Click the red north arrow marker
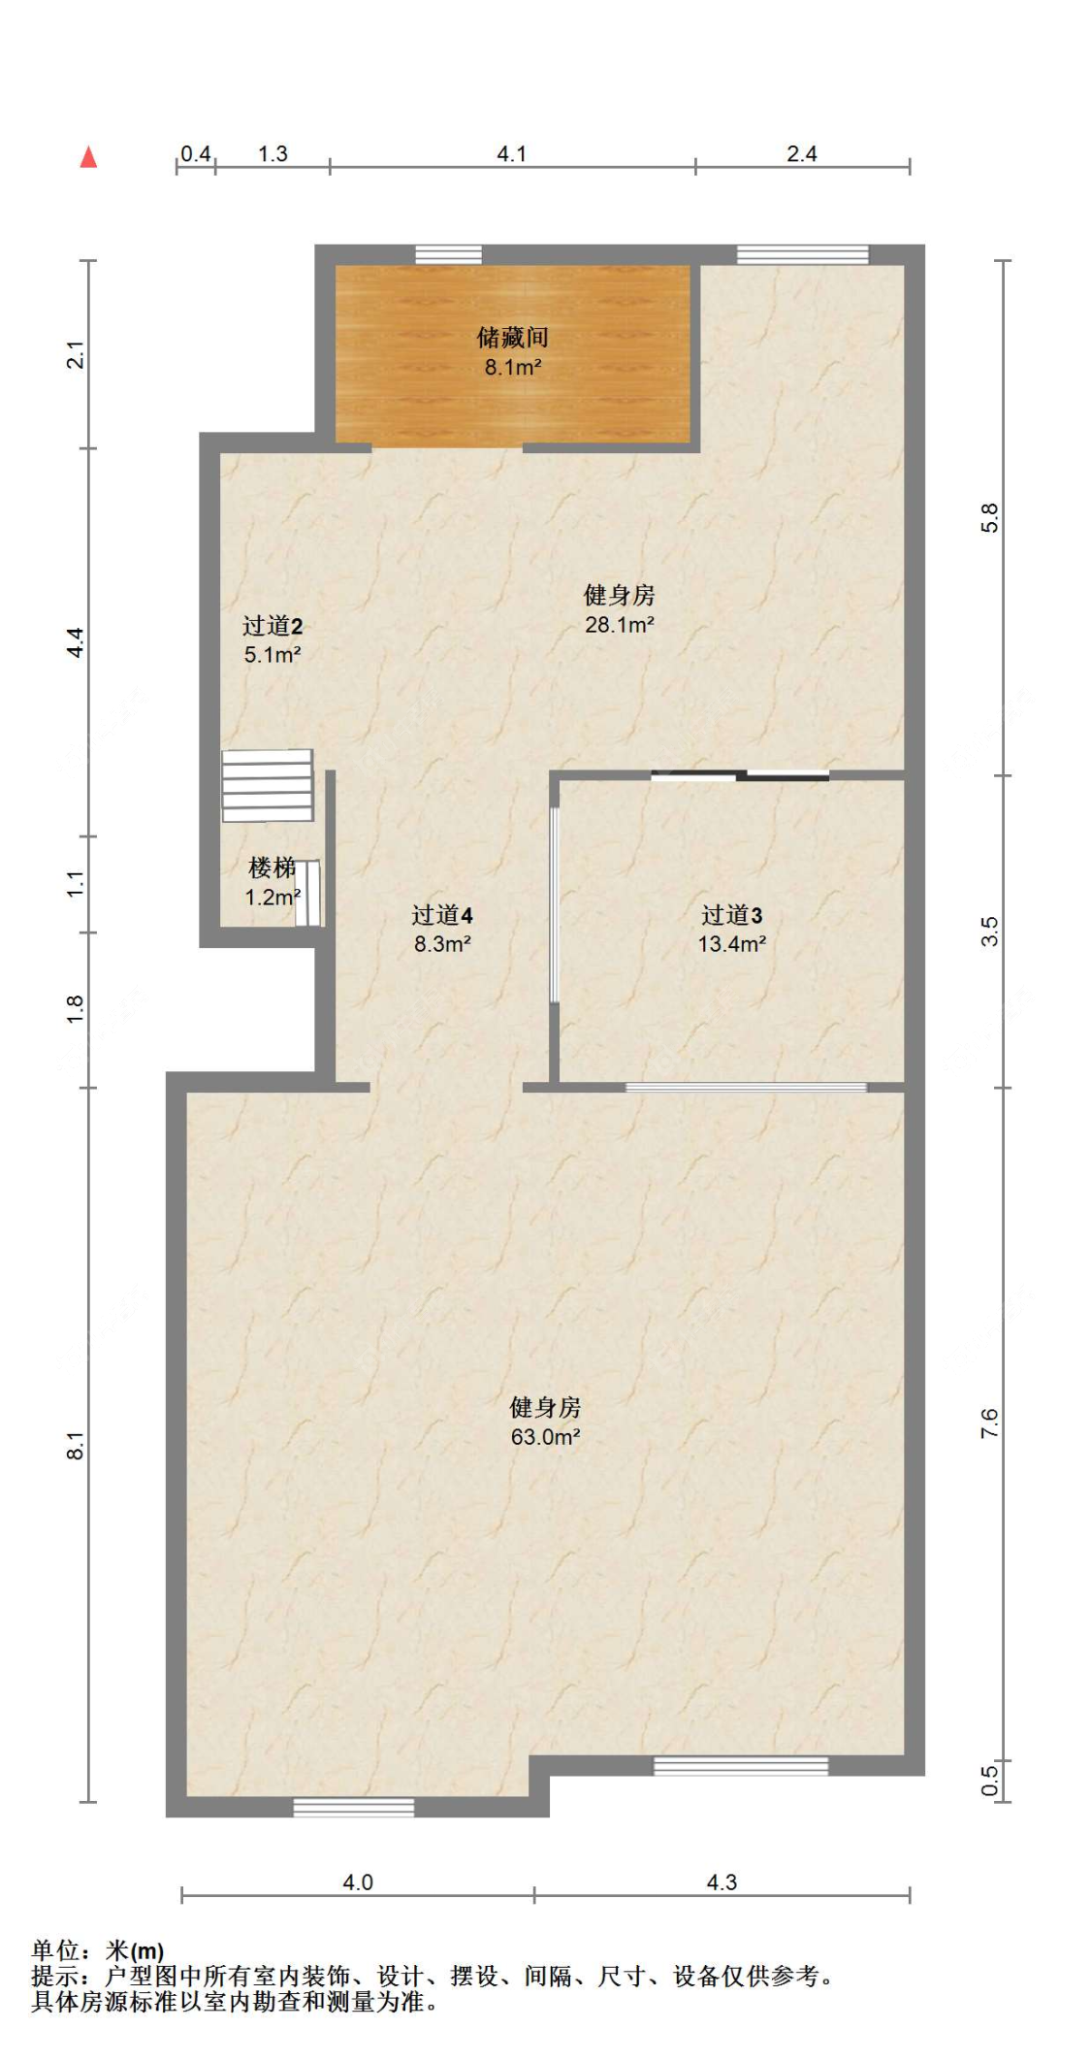click(x=88, y=156)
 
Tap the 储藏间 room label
click(x=512, y=337)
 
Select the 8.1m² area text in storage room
click(x=512, y=368)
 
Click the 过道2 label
click(x=272, y=626)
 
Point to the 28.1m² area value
click(x=619, y=625)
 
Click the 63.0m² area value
click(x=545, y=1437)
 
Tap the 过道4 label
click(x=441, y=915)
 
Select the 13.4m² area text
click(x=731, y=944)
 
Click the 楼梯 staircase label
click(x=272, y=867)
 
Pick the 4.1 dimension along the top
click(x=511, y=154)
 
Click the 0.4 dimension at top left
click(x=196, y=154)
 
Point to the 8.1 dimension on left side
click(x=76, y=1445)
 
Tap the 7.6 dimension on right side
click(x=989, y=1423)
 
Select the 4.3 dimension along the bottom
click(x=722, y=1882)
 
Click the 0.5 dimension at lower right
click(x=989, y=1780)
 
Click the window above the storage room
click(x=448, y=255)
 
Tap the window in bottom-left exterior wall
click(x=353, y=1808)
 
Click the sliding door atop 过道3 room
click(x=740, y=774)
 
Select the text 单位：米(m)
click(x=97, y=1950)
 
